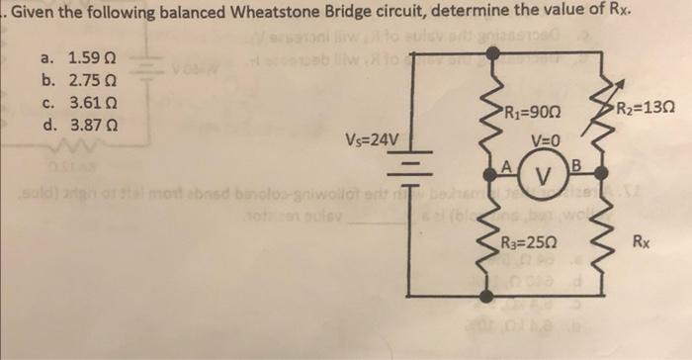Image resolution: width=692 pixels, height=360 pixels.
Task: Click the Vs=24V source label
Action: (x=373, y=139)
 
